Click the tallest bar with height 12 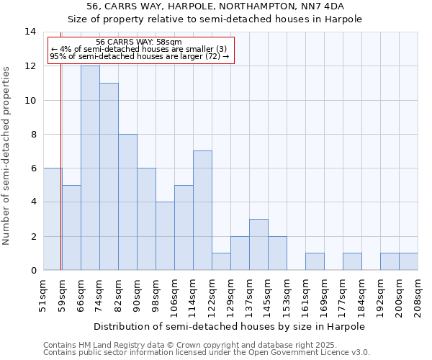(90, 168)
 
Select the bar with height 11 (109, 176)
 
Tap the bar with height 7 (202, 210)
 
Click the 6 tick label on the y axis (33, 168)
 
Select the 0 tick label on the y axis (33, 270)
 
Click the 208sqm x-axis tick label (418, 296)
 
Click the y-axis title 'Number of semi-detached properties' (7, 155)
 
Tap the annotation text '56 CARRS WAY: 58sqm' (139, 42)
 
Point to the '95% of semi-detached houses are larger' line (139, 56)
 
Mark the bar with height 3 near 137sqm (258, 245)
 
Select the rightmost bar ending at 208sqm (408, 261)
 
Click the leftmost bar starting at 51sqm (52, 219)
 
